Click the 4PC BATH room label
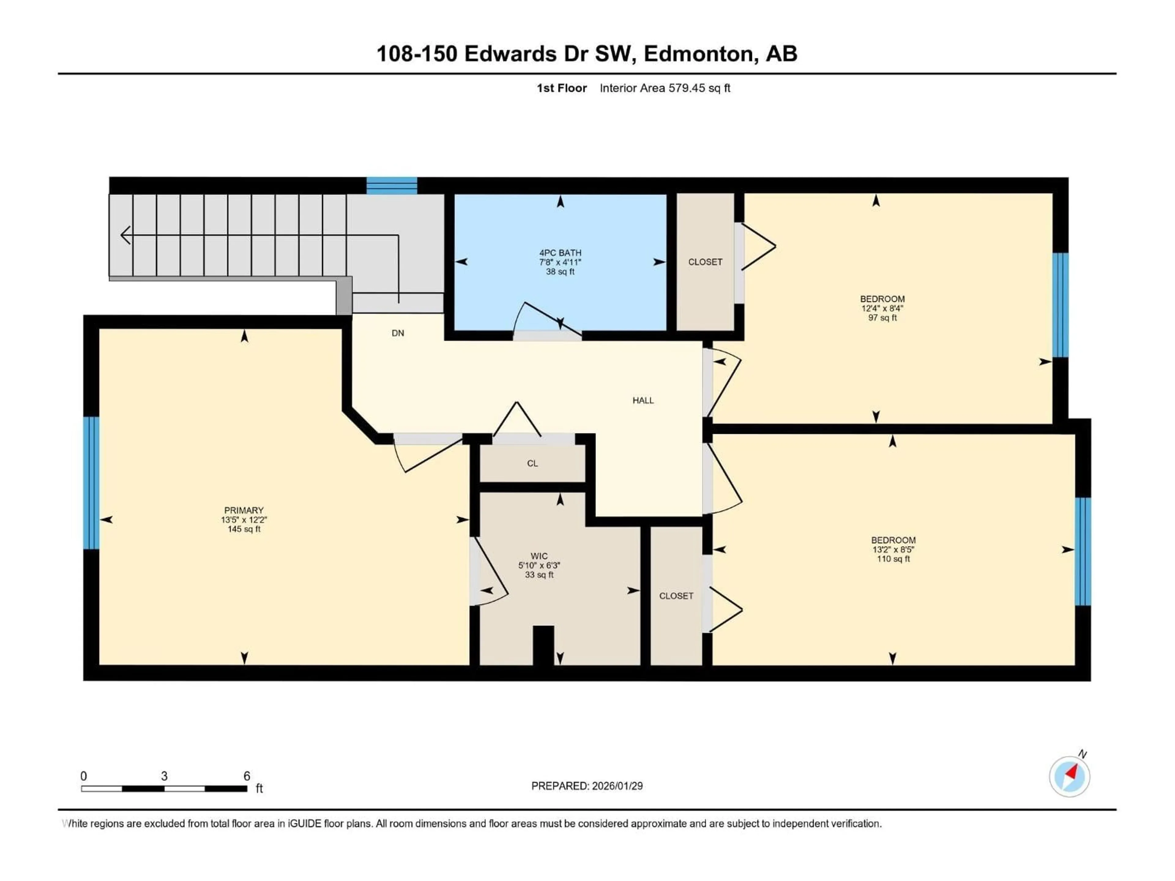[560, 253]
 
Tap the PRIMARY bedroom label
[244, 510]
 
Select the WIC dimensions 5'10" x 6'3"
[539, 566]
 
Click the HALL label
[643, 400]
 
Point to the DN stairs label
[398, 333]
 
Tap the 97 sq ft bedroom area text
[882, 318]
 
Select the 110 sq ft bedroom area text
[893, 559]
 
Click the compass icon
[1069, 776]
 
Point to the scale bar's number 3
[164, 776]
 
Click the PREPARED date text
[587, 786]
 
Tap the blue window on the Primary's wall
[91, 483]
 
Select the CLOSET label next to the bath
[705, 262]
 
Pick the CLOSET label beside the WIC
[676, 596]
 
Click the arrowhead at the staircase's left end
[125, 235]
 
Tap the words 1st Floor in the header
[561, 88]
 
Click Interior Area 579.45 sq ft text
[665, 88]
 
